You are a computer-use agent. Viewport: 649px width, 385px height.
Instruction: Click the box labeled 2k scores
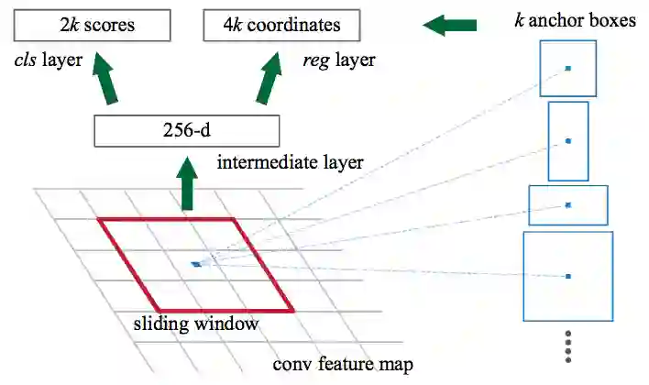point(92,25)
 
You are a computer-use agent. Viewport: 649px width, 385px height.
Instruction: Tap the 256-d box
point(185,132)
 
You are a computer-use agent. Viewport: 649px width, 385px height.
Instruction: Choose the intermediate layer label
point(291,165)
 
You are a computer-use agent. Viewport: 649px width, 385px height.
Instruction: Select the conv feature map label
point(343,364)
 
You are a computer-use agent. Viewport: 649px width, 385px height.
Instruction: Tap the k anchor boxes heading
point(575,19)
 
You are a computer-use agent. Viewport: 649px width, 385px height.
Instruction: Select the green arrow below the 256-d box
point(188,187)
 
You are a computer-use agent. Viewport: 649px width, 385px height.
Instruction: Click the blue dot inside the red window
point(195,265)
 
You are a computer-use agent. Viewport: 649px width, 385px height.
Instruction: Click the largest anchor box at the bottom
point(568,276)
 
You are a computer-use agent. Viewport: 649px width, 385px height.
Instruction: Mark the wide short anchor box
point(568,205)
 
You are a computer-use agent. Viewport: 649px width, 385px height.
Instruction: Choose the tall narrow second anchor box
point(568,140)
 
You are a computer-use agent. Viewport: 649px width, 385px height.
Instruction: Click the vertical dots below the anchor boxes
point(569,346)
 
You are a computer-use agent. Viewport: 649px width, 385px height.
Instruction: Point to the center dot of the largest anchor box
point(568,276)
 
